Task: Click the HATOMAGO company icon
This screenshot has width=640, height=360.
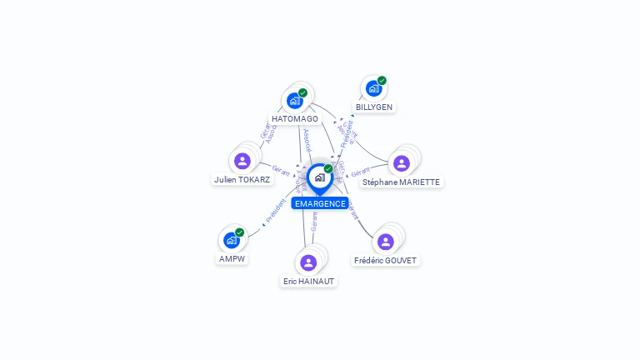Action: (x=295, y=101)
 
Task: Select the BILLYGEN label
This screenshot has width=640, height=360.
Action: (x=374, y=107)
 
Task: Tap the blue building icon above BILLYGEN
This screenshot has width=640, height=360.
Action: (x=373, y=88)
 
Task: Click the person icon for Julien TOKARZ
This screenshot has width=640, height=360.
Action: (x=242, y=161)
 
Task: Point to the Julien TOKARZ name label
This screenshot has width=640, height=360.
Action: (x=242, y=179)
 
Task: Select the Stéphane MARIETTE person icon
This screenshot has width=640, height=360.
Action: (x=402, y=163)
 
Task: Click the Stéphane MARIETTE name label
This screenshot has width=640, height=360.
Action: (x=401, y=182)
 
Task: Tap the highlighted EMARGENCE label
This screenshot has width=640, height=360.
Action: (x=320, y=203)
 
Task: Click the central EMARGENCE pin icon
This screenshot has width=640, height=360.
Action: (x=319, y=177)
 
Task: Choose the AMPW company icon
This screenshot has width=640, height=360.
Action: (x=232, y=240)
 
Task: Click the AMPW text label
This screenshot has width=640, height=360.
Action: (x=232, y=258)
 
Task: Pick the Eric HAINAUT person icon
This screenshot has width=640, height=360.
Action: (x=308, y=262)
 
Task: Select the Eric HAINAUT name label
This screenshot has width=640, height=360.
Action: (x=308, y=282)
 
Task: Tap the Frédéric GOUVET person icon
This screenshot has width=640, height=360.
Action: (x=385, y=242)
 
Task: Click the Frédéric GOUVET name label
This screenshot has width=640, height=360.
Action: (x=385, y=260)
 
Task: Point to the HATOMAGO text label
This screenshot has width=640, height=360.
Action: (x=295, y=119)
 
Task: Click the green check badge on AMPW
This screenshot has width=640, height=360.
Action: (x=239, y=232)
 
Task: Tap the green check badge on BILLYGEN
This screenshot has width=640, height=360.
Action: (x=382, y=81)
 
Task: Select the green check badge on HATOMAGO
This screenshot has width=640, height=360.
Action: (x=302, y=92)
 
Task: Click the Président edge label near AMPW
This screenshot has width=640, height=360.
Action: (x=276, y=211)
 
